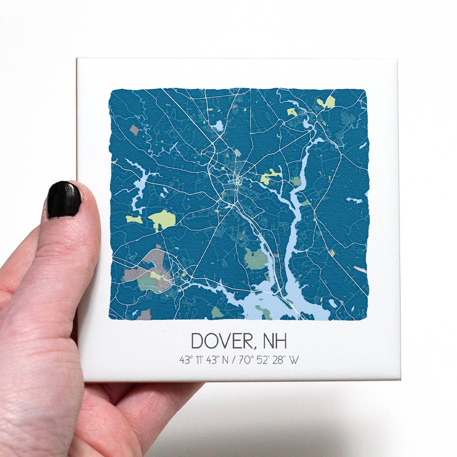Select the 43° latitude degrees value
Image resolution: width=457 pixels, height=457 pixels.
tap(185, 360)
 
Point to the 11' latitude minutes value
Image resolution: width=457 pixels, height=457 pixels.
tap(198, 360)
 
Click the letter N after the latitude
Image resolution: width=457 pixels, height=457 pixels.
tap(225, 360)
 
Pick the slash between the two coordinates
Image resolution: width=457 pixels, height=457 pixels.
tap(234, 360)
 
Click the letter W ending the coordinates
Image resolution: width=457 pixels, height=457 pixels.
tap(294, 360)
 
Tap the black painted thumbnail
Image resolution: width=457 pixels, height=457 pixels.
tap(64, 200)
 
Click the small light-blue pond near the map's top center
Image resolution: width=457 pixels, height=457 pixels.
tap(218, 125)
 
